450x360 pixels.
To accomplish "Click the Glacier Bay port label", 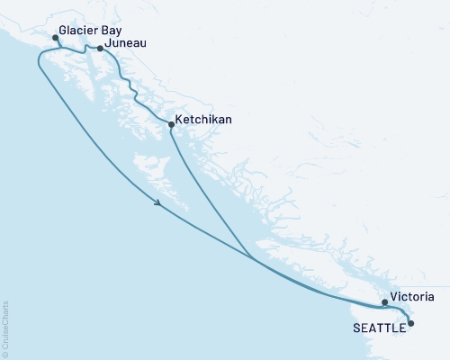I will (90, 29).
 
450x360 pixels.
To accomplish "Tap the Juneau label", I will (126, 42).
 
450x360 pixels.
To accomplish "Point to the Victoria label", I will (415, 295).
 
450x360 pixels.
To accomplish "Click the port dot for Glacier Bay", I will (56, 38).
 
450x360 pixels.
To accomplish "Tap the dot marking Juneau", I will (100, 49).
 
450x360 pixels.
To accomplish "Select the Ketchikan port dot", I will (171, 125).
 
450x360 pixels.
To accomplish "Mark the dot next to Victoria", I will (384, 302).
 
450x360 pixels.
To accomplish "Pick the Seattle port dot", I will (410, 322).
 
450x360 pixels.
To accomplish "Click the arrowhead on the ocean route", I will (159, 203).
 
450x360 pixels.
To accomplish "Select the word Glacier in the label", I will (77, 29).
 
